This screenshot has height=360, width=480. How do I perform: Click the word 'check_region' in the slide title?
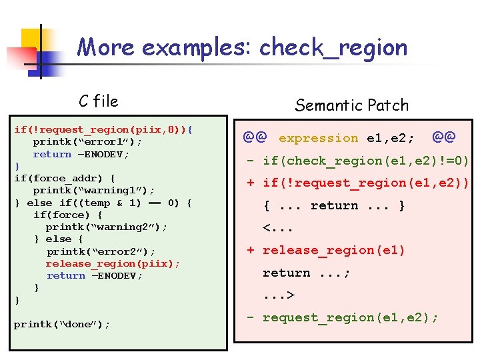(x=333, y=48)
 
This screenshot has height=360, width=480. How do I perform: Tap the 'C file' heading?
(x=98, y=101)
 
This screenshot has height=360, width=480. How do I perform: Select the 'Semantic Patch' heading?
(x=351, y=105)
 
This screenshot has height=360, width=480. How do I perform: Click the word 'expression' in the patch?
(x=318, y=138)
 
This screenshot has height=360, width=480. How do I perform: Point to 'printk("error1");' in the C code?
(x=87, y=142)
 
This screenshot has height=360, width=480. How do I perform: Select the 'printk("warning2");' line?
(x=106, y=227)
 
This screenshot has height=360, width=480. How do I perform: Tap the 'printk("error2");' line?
(x=101, y=251)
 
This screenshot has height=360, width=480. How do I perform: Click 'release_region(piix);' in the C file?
(x=113, y=263)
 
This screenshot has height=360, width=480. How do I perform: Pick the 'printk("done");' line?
(x=62, y=325)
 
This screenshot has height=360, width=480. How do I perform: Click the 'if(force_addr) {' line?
(x=64, y=178)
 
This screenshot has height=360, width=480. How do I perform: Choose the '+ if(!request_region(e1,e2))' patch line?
(x=358, y=183)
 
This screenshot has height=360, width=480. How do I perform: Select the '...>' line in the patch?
(x=279, y=295)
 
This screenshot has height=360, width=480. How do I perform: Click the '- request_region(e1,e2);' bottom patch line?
(x=342, y=317)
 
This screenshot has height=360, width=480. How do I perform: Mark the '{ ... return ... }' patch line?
(x=334, y=205)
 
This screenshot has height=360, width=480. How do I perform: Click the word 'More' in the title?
(x=107, y=48)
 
